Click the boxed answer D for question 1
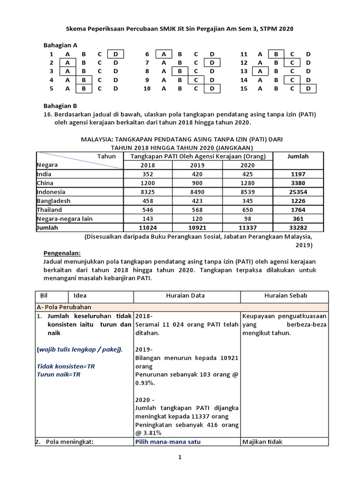pos(115,54)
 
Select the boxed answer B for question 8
pos(179,71)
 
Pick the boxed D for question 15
pos(308,88)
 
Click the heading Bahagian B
pos(60,106)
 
